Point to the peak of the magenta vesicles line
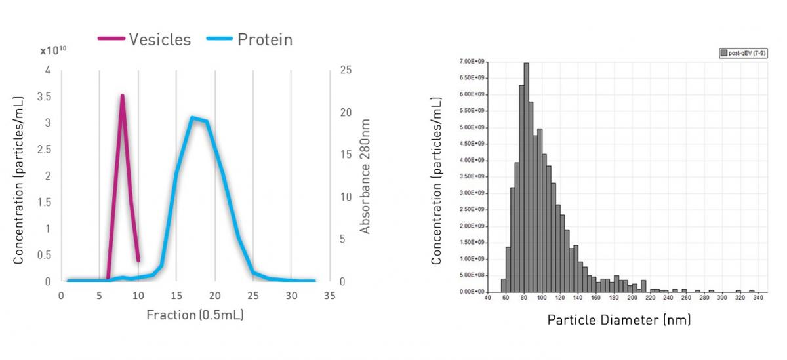click(x=122, y=96)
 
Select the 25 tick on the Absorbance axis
click(x=345, y=70)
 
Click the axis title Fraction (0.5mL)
click(x=195, y=315)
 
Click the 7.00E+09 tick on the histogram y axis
click(x=469, y=62)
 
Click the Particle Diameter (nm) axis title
click(x=619, y=320)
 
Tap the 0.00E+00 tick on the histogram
click(x=469, y=292)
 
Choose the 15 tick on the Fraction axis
click(x=176, y=296)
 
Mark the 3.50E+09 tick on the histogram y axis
click(x=469, y=176)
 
